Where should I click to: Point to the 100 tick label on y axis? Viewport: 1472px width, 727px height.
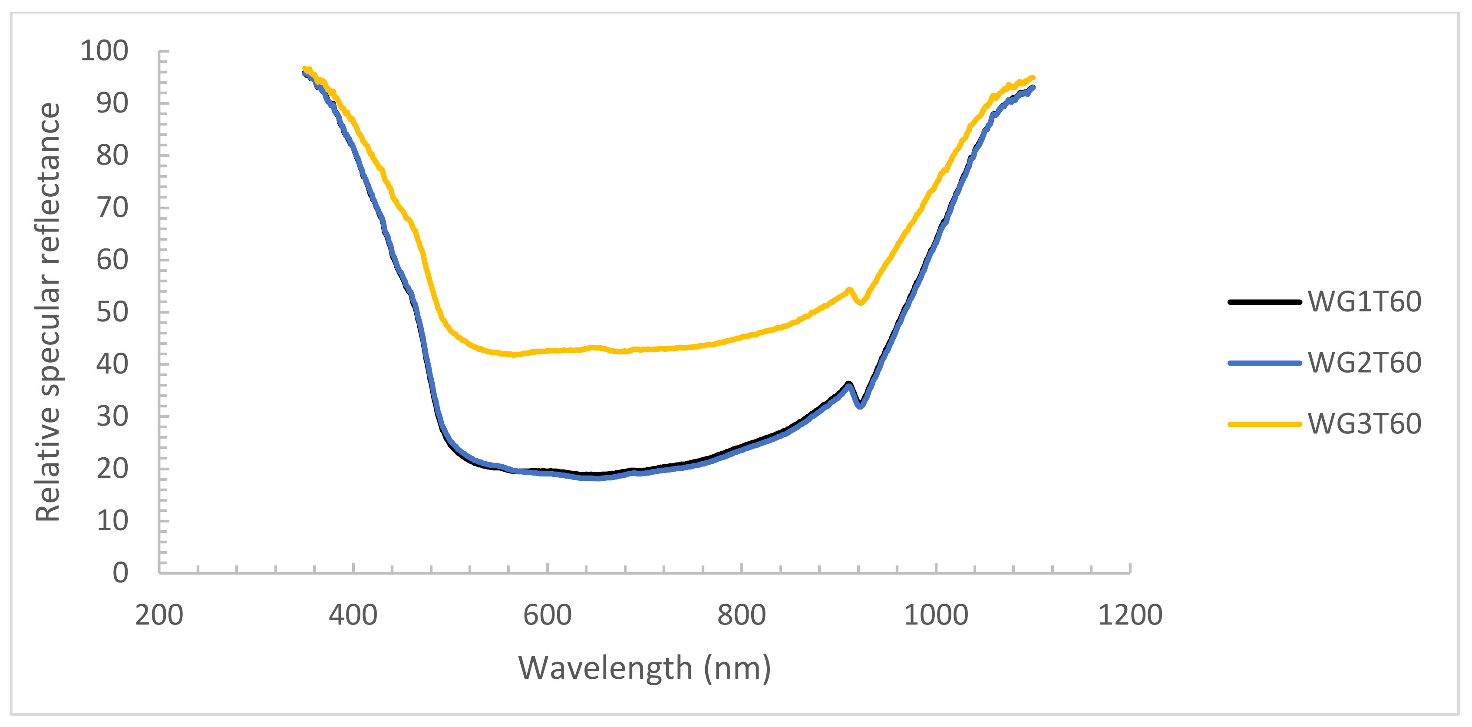click(104, 51)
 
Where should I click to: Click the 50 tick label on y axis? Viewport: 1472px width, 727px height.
click(112, 312)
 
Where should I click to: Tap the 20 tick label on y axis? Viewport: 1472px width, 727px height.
click(112, 469)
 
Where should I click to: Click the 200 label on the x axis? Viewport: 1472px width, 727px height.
click(159, 615)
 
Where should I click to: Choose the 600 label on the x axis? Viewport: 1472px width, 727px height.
click(548, 615)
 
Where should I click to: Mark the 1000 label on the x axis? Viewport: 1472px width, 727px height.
click(936, 615)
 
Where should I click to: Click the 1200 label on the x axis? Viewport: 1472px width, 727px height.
click(1130, 615)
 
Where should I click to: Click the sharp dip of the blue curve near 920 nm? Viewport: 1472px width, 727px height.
click(861, 406)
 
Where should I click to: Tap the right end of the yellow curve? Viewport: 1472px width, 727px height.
click(1033, 78)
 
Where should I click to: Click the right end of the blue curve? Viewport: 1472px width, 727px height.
click(1033, 87)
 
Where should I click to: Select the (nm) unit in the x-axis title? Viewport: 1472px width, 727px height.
click(738, 668)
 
